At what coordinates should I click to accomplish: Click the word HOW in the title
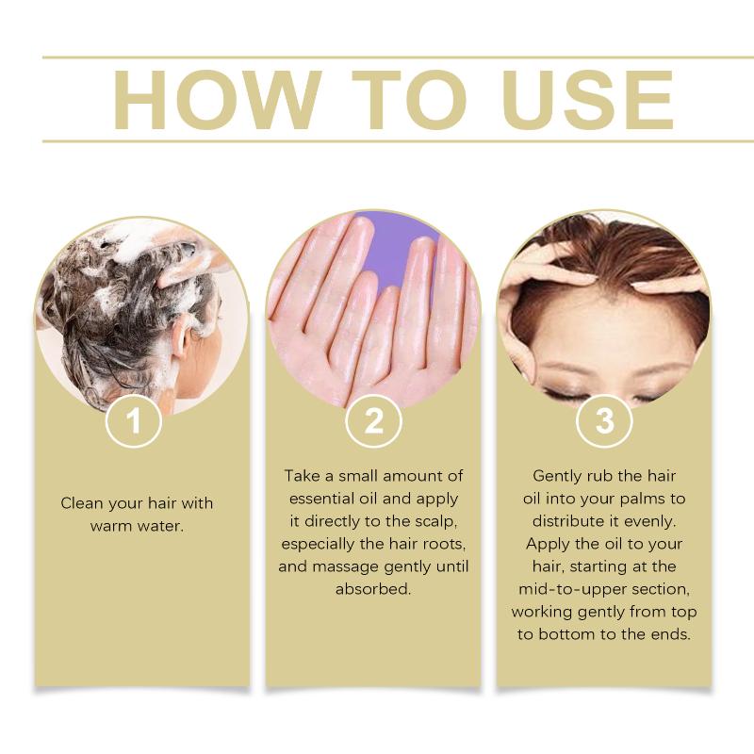(x=218, y=100)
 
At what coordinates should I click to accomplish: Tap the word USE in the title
(x=587, y=100)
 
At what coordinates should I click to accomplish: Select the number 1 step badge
(x=134, y=420)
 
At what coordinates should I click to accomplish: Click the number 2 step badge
(x=373, y=420)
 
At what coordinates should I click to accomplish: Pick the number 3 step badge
(x=604, y=420)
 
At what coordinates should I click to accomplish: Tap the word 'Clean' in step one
(x=82, y=503)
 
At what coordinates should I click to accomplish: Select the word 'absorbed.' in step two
(x=373, y=589)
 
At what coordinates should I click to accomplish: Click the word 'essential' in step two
(x=321, y=499)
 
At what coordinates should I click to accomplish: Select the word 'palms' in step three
(x=642, y=500)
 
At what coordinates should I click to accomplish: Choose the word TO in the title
(x=410, y=100)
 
